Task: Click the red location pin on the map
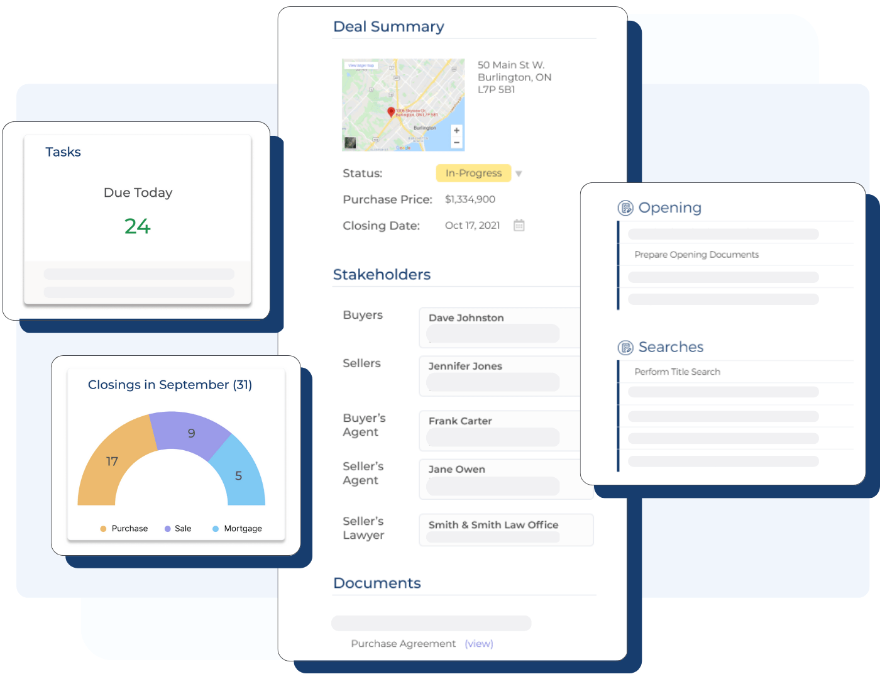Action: pyautogui.click(x=391, y=112)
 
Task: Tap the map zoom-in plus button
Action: pyautogui.click(x=456, y=130)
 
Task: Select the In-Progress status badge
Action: pyautogui.click(x=473, y=173)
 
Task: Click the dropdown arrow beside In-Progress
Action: pyautogui.click(x=519, y=174)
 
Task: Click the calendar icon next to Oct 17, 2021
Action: pyautogui.click(x=519, y=225)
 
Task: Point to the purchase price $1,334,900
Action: pyautogui.click(x=470, y=199)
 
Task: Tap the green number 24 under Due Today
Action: pyautogui.click(x=138, y=226)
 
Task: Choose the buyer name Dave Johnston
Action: pyautogui.click(x=466, y=318)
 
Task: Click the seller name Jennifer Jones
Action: pyautogui.click(x=465, y=366)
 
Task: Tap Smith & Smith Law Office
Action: pyautogui.click(x=493, y=525)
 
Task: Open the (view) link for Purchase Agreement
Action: pyautogui.click(x=479, y=644)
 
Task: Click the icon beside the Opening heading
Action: pyautogui.click(x=625, y=208)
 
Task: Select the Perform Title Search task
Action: pyautogui.click(x=677, y=372)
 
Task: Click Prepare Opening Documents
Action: pyautogui.click(x=696, y=255)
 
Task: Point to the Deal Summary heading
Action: pyautogui.click(x=388, y=26)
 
